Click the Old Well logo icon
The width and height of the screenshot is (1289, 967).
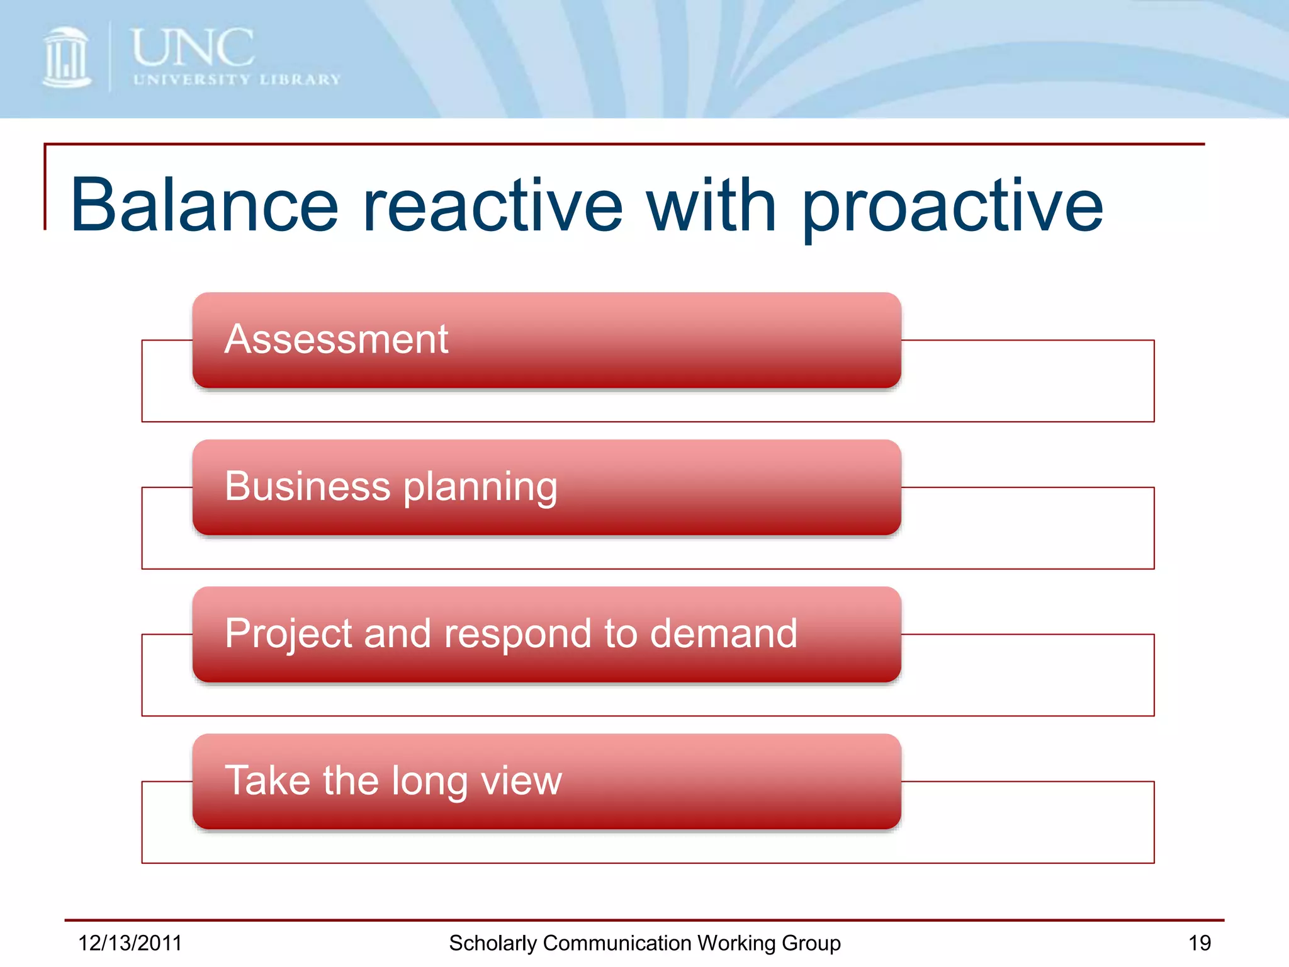[66, 58]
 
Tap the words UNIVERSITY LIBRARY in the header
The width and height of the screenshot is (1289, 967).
[237, 80]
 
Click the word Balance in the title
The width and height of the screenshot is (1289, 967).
[205, 205]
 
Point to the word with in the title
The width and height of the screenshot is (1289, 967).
[712, 205]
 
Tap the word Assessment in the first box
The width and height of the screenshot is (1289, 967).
[336, 339]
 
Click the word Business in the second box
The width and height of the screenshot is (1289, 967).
[308, 486]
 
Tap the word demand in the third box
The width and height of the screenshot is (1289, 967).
[723, 633]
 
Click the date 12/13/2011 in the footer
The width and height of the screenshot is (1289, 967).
[130, 943]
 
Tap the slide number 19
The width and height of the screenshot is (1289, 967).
[1199, 943]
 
